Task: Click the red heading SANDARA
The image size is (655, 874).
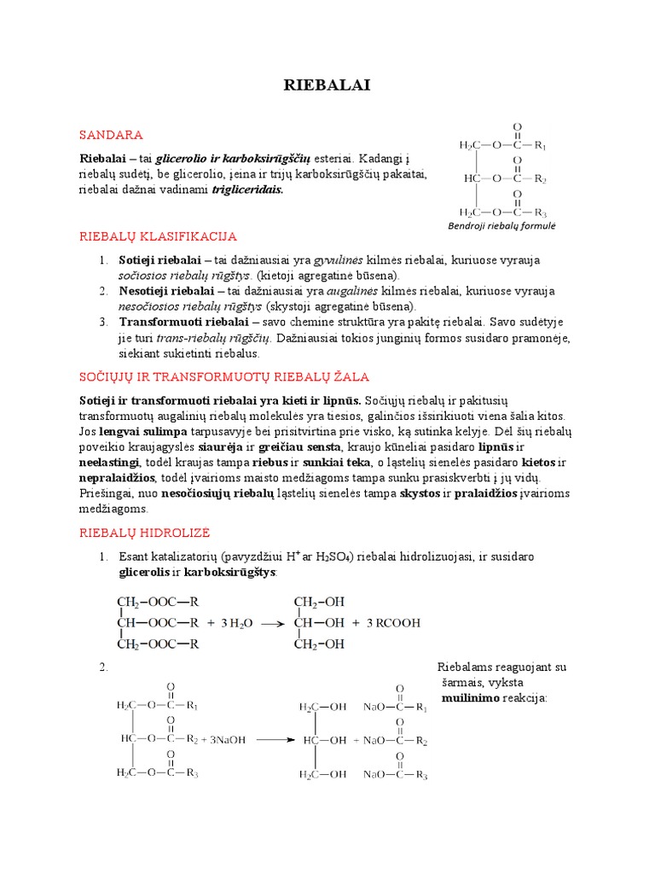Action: tap(111, 135)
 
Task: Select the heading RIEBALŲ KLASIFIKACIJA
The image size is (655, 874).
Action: tap(158, 236)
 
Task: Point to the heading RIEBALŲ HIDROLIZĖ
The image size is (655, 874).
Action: tap(144, 532)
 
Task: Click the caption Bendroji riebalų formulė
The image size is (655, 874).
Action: tap(501, 226)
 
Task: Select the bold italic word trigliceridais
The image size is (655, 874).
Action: tap(246, 189)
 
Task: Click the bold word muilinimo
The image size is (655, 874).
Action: tap(470, 698)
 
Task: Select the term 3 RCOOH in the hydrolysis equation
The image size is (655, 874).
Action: tap(393, 623)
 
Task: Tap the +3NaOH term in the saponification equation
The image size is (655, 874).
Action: tap(223, 740)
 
